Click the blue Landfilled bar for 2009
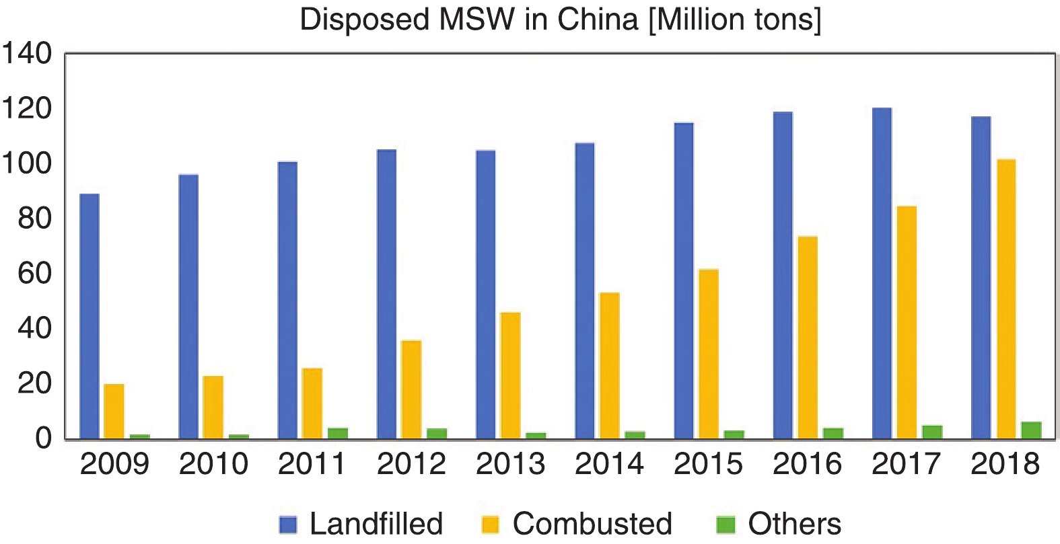point(90,316)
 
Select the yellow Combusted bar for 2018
point(1006,299)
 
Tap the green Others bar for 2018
point(1031,430)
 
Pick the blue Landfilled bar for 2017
point(882,273)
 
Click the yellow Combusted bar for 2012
point(411,389)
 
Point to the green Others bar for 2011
point(338,433)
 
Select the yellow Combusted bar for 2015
point(709,354)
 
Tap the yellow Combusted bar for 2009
point(114,411)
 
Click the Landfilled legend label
point(376,524)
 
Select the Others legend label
point(794,524)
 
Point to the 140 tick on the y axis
point(27,53)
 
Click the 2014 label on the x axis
point(609,464)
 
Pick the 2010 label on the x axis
point(213,464)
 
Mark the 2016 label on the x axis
point(807,464)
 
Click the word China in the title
point(597,20)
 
